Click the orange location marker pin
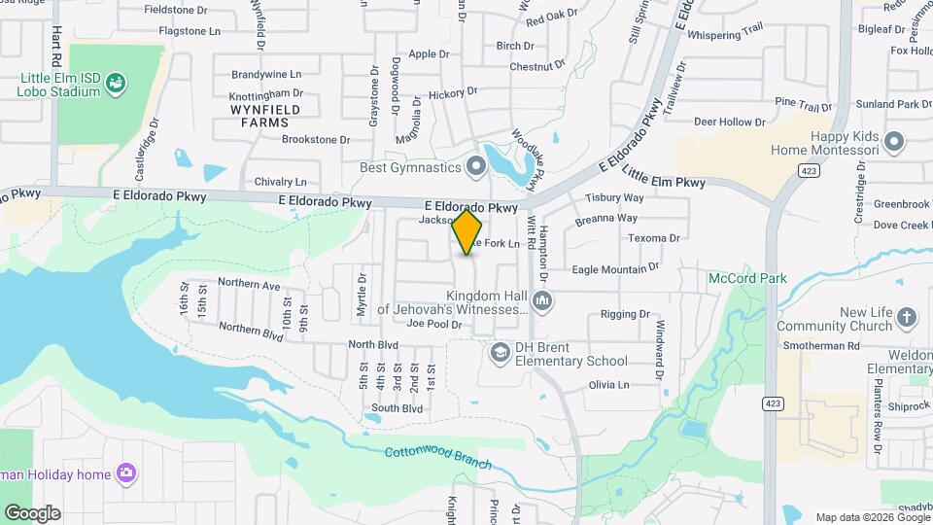point(467,231)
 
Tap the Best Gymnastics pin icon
point(476,168)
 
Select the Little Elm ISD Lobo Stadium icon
point(116,84)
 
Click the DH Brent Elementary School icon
point(501,352)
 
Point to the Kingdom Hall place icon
point(542,302)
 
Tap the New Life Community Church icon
point(906,318)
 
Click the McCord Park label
point(746,278)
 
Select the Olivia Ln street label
point(609,385)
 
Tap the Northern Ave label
point(249,285)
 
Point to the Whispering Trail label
point(727,33)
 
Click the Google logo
point(31,512)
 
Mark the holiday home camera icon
point(125,473)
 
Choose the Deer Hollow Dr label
point(729,122)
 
